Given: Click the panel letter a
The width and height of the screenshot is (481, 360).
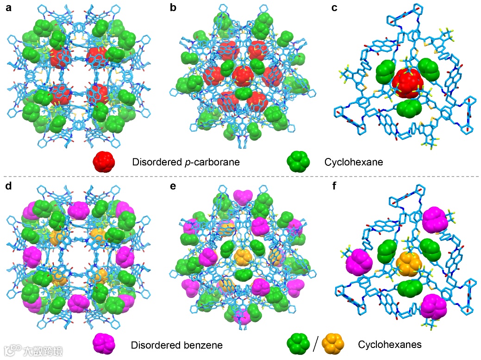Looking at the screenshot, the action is pos(8,8).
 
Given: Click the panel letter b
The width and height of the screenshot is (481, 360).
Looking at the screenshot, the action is pos(174,8).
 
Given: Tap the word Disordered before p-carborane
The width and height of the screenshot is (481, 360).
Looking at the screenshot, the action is pos(154,162).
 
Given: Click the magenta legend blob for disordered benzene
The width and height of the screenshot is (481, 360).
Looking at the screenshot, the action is pos(105,344).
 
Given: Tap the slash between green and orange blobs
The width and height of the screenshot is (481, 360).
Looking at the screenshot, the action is pos(316,344).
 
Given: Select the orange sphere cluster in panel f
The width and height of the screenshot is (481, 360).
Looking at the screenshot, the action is pos(409,264).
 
